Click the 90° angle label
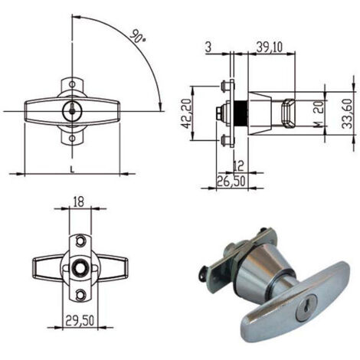(138, 36)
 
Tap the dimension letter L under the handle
(72, 169)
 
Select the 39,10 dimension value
(270, 47)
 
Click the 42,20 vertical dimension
(186, 113)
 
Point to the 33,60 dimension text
(348, 113)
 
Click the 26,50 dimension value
(231, 181)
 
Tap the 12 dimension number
(239, 166)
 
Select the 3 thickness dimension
(208, 47)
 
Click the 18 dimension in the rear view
(78, 202)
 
